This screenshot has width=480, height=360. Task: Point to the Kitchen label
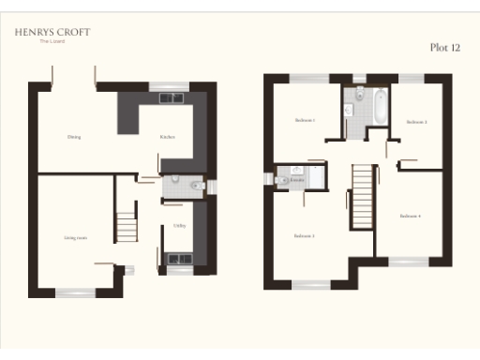coord(167,137)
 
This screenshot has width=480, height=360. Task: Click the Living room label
coord(76,237)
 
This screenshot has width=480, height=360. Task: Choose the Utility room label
coord(178,225)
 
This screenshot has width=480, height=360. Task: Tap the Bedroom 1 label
coord(305,120)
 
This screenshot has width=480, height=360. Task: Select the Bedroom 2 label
coord(416,123)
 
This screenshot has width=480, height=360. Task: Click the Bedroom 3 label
coord(304,235)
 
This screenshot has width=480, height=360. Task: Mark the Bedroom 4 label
coord(410,216)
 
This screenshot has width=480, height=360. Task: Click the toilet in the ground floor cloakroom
coord(195,187)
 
